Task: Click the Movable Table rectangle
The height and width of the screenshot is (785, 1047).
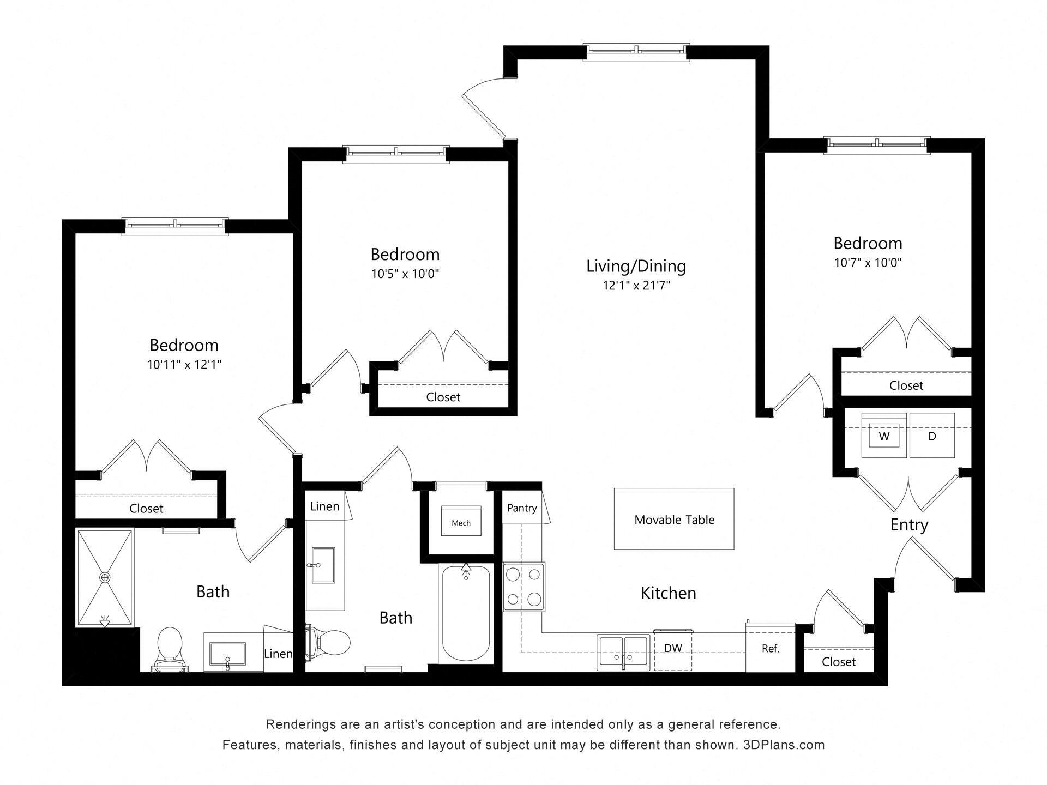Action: pos(673,519)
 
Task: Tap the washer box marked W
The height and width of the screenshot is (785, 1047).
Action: pos(884,436)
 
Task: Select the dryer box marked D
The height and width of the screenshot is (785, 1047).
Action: pos(932,436)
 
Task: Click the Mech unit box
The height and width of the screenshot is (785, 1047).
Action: pos(461,522)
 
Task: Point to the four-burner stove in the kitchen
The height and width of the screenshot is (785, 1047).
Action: pos(523,587)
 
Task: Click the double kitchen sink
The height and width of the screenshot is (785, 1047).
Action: pos(623,651)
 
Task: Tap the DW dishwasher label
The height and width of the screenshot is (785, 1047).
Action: pos(673,648)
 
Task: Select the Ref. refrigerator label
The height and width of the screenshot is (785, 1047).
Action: pos(770,649)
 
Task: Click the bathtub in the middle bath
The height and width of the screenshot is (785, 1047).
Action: pos(465,613)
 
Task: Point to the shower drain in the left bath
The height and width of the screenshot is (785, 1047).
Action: pos(104,577)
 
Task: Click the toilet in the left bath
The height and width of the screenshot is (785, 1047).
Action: pos(169,649)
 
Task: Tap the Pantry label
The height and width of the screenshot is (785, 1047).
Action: pos(522,508)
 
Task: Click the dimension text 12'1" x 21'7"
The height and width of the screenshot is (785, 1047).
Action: pos(636,285)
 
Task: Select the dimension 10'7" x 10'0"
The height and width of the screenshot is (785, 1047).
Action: pos(868,263)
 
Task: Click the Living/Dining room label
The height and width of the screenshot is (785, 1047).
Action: pos(636,266)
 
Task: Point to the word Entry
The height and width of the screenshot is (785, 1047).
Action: pos(909,525)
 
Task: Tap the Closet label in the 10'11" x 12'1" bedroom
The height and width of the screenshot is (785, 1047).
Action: pos(146,509)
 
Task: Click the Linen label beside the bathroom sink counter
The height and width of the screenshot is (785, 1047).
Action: pos(278,654)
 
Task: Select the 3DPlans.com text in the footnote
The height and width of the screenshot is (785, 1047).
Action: pos(784,745)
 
